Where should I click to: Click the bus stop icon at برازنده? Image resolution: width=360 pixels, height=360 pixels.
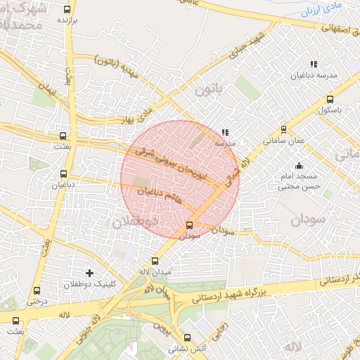[67, 10]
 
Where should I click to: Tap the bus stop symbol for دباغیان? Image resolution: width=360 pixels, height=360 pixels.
[63, 174]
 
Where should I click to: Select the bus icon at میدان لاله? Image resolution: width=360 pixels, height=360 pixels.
[155, 261]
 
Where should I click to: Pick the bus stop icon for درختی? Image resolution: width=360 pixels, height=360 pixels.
[37, 290]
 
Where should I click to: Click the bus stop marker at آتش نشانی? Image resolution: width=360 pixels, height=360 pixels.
[186, 337]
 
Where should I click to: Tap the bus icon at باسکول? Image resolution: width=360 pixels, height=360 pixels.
[330, 99]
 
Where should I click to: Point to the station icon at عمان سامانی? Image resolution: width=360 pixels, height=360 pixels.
[283, 129]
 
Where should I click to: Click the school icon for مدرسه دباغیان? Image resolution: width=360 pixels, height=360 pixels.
[314, 64]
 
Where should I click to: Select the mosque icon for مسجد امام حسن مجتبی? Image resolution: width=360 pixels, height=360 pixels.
[299, 166]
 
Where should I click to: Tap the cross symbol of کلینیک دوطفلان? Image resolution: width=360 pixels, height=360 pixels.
[89, 272]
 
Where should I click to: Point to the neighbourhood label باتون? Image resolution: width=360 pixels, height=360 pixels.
[208, 90]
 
